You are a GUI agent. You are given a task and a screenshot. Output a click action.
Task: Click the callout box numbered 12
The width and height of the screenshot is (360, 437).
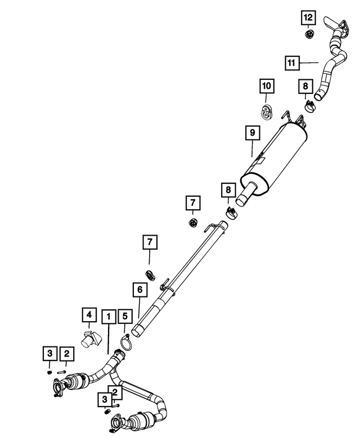(x=308, y=18)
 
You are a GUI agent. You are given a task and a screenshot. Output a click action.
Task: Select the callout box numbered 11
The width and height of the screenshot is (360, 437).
(x=292, y=62)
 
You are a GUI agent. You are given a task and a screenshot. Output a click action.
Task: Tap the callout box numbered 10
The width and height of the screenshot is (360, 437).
(x=267, y=86)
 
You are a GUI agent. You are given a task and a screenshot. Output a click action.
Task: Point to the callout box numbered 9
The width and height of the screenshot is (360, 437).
(x=253, y=133)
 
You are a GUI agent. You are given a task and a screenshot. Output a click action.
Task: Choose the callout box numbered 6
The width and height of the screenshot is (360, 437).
(x=139, y=290)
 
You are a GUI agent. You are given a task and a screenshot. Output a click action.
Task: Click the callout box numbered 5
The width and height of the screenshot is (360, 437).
(x=125, y=316)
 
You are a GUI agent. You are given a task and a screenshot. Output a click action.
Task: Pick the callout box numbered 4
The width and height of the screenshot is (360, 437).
(x=89, y=315)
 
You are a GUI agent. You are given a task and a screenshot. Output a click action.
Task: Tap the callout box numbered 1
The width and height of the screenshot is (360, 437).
(x=109, y=317)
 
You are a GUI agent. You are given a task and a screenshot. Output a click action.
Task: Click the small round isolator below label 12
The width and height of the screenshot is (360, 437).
(x=308, y=34)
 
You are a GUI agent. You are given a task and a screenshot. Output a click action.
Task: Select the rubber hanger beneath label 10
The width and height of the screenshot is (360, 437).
(x=266, y=111)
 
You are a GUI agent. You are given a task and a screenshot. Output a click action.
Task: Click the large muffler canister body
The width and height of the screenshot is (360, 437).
(x=274, y=159)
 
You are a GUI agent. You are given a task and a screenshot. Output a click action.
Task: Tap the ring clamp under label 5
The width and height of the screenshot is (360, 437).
(x=126, y=343)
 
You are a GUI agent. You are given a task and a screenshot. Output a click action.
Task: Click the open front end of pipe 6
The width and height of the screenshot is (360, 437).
(x=137, y=331)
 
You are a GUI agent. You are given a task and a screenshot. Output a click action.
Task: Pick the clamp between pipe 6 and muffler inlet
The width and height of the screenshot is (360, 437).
(x=232, y=214)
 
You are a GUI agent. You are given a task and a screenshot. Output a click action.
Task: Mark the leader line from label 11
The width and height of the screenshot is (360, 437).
(x=309, y=63)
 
